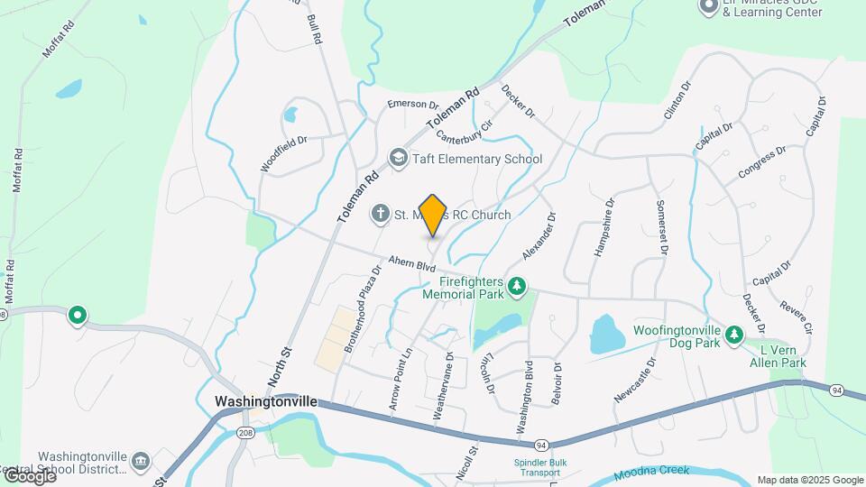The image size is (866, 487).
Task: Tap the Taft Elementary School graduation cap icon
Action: [397, 160]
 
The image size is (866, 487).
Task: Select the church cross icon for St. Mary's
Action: [381, 215]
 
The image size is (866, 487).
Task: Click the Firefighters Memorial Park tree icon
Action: [517, 287]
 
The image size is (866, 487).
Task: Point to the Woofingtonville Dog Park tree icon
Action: [735, 335]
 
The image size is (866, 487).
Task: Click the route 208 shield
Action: [245, 433]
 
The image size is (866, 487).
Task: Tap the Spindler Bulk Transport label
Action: [539, 468]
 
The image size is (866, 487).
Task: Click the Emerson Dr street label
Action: [413, 105]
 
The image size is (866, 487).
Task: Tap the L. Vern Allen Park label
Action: [781, 356]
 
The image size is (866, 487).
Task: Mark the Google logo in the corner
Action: [29, 475]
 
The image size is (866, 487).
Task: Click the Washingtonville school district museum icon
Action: [140, 462]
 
